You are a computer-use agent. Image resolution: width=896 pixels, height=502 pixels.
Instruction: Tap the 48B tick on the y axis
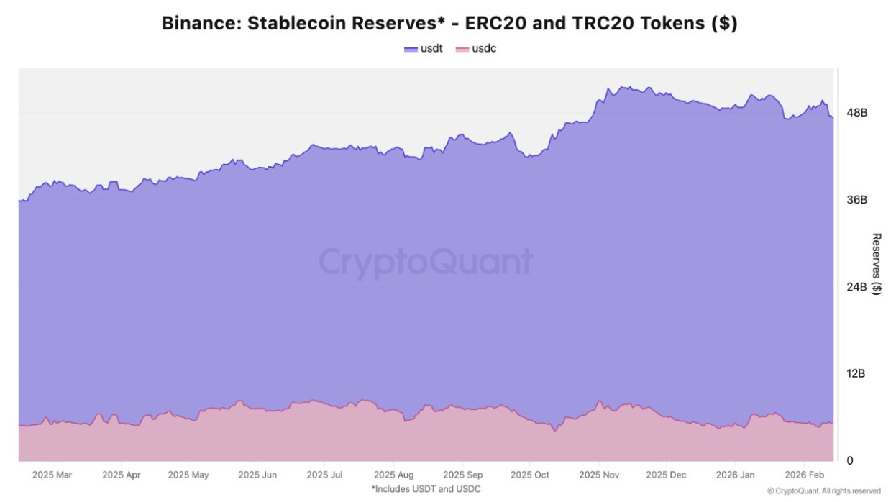(857, 113)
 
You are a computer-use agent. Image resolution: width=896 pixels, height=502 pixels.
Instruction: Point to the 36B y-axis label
(857, 200)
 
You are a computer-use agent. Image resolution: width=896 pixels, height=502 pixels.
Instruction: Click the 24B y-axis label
(857, 287)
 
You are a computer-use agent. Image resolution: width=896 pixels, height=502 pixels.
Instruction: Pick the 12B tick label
(857, 374)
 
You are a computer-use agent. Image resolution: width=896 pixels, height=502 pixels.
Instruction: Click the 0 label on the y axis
(850, 460)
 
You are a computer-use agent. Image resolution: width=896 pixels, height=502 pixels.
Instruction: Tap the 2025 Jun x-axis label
(257, 475)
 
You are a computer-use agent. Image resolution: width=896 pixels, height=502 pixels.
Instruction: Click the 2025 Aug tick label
(393, 475)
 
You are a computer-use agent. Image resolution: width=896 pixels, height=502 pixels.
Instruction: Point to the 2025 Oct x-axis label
(529, 475)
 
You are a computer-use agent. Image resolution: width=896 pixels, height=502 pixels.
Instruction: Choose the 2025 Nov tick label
(599, 475)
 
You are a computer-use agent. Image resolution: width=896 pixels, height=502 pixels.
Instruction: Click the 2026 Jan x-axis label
(736, 475)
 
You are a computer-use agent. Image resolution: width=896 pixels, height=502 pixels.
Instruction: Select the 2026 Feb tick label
(805, 475)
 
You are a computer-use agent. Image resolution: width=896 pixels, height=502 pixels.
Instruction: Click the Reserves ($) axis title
(876, 264)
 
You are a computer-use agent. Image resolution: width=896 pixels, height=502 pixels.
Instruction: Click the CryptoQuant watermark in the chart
(426, 262)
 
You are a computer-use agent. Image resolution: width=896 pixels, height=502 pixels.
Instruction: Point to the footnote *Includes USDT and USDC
(426, 489)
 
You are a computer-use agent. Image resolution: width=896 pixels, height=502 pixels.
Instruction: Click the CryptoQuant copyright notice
(824, 491)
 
